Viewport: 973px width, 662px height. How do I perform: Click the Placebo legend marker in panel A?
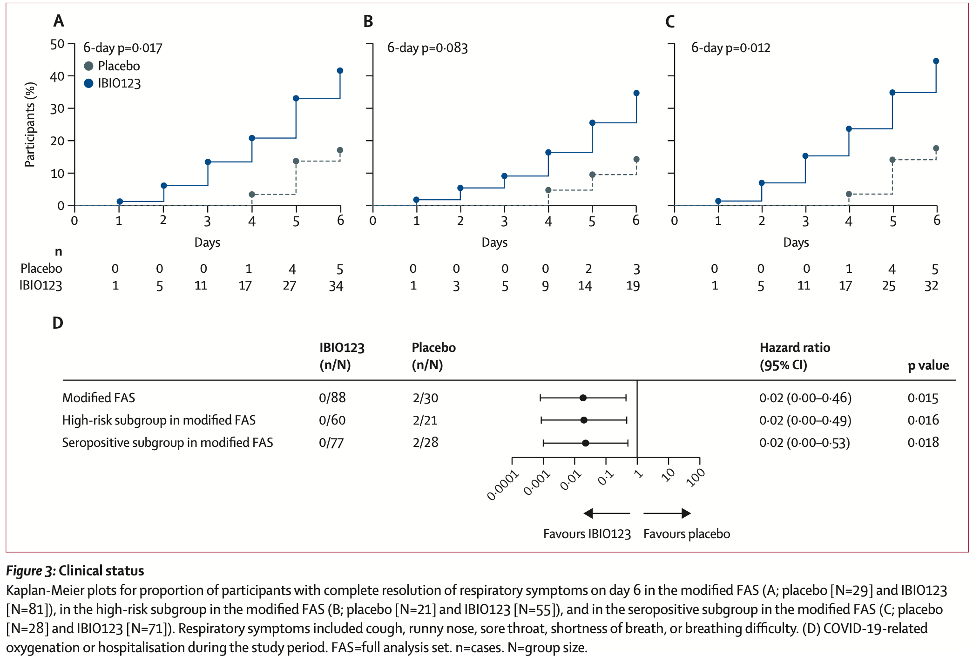coord(88,66)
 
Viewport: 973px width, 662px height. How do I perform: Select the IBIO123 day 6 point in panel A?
coord(340,71)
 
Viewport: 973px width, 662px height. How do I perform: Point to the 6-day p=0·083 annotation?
coord(427,48)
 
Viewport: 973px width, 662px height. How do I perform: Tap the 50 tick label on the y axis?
coord(57,44)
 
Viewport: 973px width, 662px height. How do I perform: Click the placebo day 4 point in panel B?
coord(548,190)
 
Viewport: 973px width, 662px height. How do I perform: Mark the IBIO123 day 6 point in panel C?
coord(936,61)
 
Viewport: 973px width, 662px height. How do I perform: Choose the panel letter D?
coord(58,323)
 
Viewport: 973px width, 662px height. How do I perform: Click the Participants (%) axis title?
coord(30,124)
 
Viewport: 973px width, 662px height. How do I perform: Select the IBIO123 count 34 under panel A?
coord(336,286)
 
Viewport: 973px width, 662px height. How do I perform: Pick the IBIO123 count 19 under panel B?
coord(633,286)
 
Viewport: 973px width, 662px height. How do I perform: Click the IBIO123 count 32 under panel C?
coord(931,286)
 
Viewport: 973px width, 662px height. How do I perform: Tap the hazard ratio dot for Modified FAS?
coord(583,398)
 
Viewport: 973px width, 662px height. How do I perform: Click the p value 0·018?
coord(923,442)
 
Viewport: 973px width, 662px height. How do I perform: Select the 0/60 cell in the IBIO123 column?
coord(332,420)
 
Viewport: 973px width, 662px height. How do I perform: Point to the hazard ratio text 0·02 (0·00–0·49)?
coord(805,420)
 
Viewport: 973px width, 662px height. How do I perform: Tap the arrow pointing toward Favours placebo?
coord(667,513)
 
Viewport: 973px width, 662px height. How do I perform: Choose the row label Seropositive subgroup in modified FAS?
coord(167,442)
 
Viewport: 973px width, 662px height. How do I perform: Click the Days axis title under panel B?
coord(494,243)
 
